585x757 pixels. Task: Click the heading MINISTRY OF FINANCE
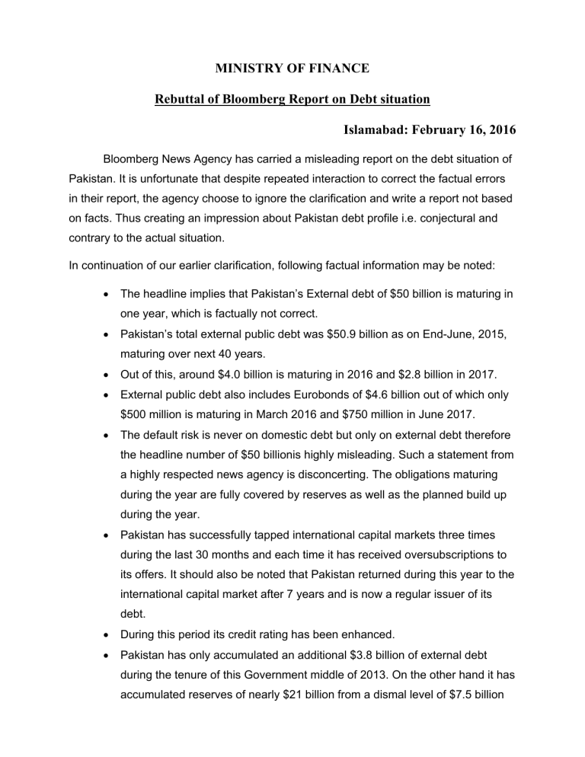point(292,69)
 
